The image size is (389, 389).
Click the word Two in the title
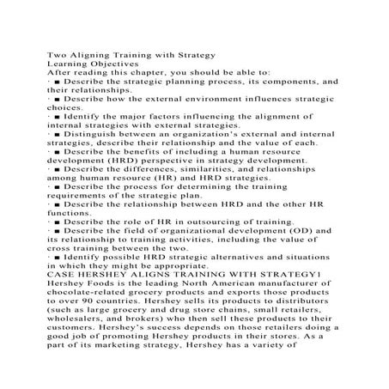click(55, 57)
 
